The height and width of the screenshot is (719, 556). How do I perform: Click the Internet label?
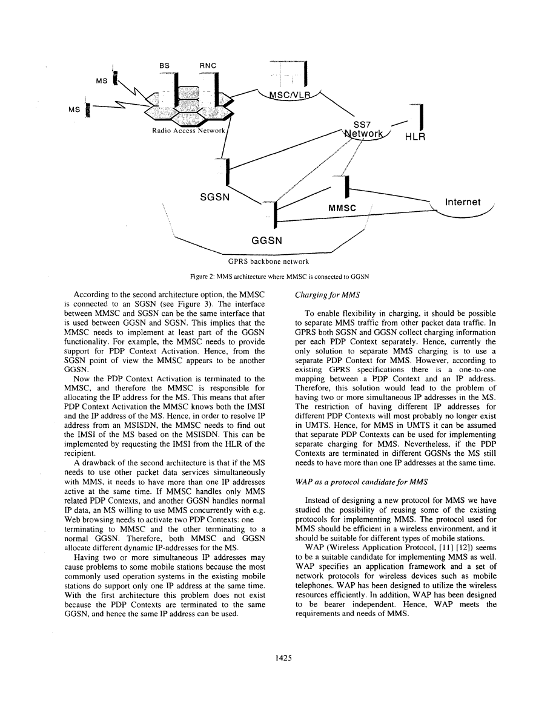(463, 202)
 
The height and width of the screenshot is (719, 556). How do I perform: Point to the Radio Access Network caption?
(190, 131)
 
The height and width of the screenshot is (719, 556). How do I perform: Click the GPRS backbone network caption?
(268, 261)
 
